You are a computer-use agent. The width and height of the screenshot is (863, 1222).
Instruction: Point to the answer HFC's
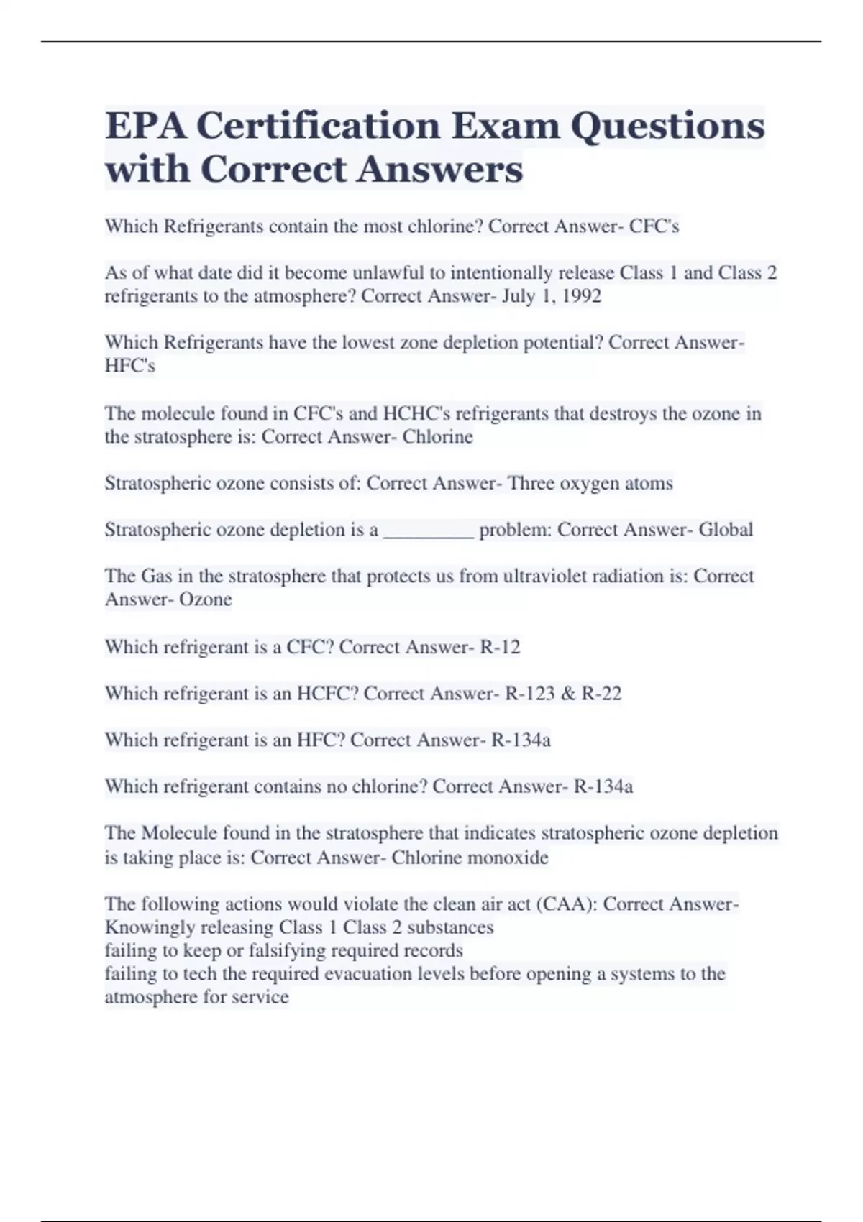[130, 366]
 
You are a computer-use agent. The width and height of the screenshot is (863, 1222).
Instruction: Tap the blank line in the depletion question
[429, 530]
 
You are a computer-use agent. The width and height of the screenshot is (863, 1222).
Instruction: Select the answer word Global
[726, 530]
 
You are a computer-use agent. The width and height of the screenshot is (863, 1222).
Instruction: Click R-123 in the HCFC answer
[530, 694]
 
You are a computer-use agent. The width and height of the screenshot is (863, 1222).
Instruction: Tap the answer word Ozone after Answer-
[205, 599]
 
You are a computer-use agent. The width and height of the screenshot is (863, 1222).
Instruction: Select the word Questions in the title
[667, 126]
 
